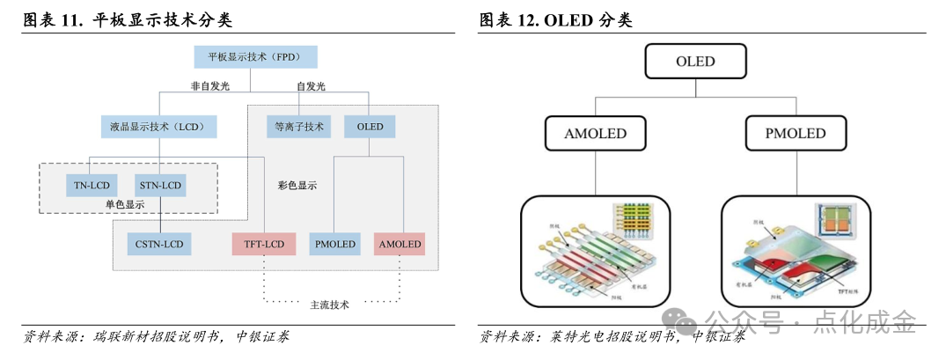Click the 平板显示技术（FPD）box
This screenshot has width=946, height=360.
click(255, 57)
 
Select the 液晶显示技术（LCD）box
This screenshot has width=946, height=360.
click(158, 127)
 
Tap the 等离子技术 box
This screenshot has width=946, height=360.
click(298, 127)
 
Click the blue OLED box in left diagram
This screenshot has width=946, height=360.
click(370, 127)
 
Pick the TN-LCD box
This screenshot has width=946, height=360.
click(92, 186)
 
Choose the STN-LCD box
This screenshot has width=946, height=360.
click(160, 186)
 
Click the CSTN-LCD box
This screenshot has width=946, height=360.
click(159, 244)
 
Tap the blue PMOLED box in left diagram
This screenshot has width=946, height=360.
click(334, 244)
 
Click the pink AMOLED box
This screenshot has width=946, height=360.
click(399, 244)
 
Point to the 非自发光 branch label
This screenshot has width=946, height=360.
click(209, 86)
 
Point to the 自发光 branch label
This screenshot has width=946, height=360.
click(311, 86)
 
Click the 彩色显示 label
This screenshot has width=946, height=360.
click(297, 186)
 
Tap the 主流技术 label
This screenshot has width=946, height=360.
click(330, 305)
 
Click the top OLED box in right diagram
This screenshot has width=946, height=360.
click(695, 62)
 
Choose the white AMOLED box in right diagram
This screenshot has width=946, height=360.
click(596, 134)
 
